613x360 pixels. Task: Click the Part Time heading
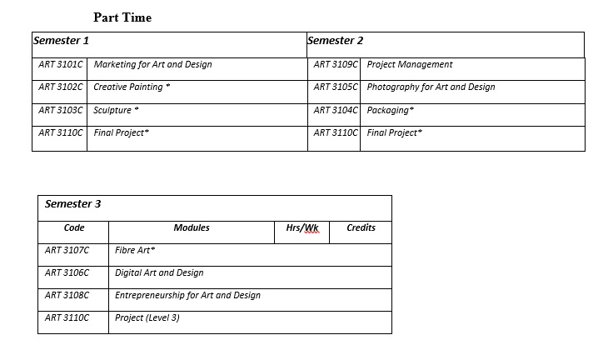122,17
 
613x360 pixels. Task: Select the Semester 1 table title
61,40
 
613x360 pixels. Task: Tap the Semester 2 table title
335,40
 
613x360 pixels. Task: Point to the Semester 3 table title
73,204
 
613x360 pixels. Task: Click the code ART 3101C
61,64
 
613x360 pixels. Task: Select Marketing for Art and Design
152,64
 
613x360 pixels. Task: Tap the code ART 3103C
61,110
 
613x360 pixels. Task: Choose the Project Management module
410,64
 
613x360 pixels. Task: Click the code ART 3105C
336,87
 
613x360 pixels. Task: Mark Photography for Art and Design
431,87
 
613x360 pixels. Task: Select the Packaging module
390,110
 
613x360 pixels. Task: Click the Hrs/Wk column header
302,228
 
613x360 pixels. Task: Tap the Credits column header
361,227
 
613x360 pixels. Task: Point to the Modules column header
192,227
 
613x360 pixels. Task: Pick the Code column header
74,227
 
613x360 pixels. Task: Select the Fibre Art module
135,250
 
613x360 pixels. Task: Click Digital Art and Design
159,272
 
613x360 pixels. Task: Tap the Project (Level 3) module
147,317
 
